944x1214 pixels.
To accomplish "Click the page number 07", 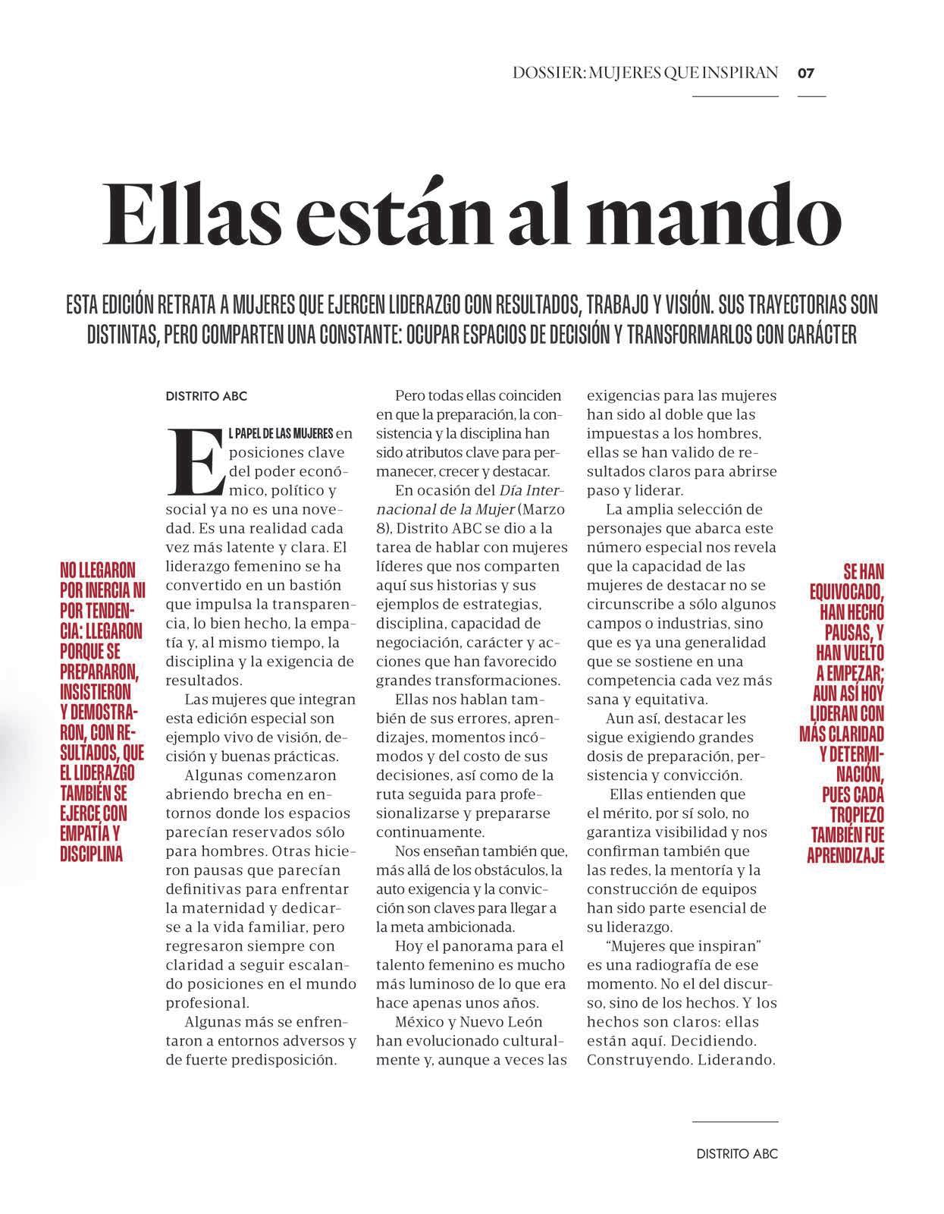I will click(x=805, y=74).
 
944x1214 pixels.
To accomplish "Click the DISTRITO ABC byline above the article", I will click(x=206, y=396).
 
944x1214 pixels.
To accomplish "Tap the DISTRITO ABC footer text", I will click(x=737, y=1154).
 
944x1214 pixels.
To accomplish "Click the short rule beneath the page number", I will click(x=811, y=97).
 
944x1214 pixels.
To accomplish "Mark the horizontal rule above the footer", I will click(x=735, y=1121).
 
